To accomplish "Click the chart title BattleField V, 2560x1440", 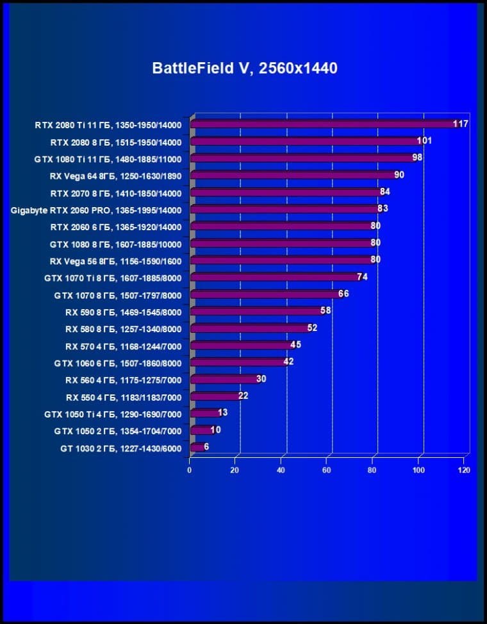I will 244,69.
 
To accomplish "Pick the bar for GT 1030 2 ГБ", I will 197,447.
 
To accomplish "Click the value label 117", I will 461,124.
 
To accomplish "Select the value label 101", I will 424,140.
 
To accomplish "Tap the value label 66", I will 343,294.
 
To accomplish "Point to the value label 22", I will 243,396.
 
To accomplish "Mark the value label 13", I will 223,412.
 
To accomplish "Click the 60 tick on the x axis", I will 327,470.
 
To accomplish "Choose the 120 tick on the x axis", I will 464,470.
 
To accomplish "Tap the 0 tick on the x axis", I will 190,470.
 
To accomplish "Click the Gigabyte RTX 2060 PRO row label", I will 96,210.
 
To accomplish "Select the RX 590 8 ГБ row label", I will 123,312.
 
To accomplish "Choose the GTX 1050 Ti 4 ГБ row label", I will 113,415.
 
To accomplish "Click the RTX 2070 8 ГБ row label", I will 116,193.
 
